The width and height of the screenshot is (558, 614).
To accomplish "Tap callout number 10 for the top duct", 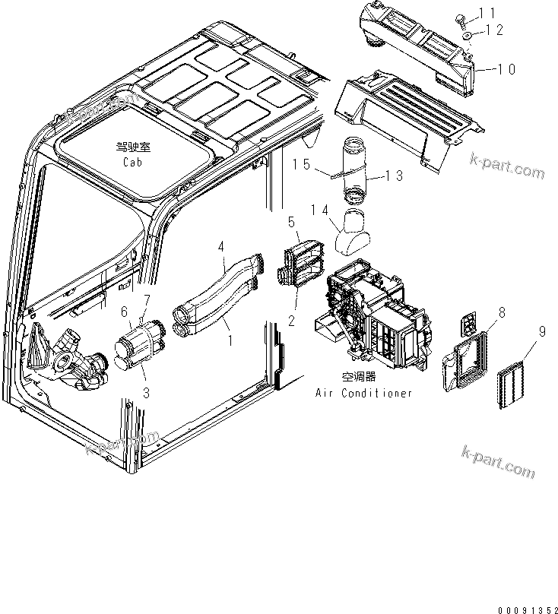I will point(506,69).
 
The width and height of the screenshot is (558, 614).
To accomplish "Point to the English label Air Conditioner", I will point(364,393).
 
